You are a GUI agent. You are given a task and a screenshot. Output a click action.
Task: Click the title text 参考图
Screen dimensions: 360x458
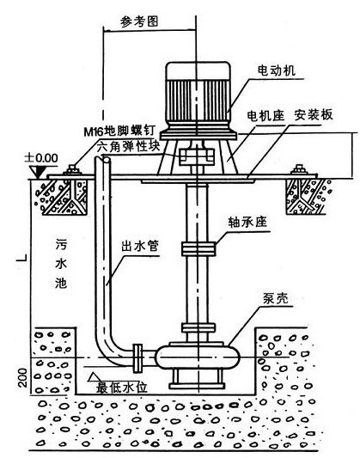pos(139,21)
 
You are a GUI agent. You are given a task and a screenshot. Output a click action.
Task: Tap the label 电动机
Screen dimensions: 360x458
pos(276,70)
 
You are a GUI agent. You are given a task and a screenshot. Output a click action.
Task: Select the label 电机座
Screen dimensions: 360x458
pos(265,116)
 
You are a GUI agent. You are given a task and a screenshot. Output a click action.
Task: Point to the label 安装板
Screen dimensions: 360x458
pos(314,115)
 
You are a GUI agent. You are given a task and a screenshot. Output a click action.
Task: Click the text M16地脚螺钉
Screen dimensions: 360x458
pos(119,131)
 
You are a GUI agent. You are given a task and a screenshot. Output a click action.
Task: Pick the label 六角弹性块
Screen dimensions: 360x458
pos(129,146)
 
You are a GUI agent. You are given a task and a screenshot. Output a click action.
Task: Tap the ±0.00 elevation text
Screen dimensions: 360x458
pos(41,158)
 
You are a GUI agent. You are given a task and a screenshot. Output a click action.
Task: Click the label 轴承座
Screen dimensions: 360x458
pos(247,223)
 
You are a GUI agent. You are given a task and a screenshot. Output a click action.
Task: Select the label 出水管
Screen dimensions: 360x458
pos(140,247)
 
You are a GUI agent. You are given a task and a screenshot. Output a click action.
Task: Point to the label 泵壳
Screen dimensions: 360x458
pos(275,298)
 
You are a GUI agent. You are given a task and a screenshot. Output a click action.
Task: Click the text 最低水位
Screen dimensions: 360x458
pos(121,388)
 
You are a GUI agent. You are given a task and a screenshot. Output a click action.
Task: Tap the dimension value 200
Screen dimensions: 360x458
pos(22,378)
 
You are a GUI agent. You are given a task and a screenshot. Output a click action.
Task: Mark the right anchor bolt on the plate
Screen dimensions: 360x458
pos(298,169)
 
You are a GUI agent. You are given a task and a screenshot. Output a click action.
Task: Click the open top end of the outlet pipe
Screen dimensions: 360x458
pos(103,159)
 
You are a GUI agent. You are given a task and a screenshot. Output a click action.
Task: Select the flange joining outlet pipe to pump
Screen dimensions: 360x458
pos(137,358)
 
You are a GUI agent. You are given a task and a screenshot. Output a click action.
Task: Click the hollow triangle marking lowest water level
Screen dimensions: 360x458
pos(94,377)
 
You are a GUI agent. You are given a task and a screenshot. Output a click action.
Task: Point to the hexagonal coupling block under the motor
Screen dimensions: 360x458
pos(197,156)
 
